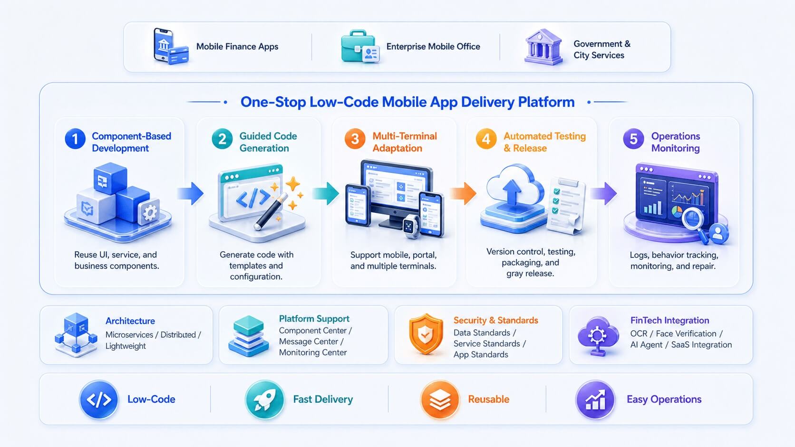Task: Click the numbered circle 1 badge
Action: coord(75,139)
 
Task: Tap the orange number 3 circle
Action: coord(355,139)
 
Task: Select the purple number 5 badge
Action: coord(633,139)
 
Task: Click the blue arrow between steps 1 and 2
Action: coord(191,193)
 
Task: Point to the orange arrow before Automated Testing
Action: coord(463,193)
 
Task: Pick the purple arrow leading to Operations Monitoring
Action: coord(603,193)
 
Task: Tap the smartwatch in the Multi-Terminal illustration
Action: coord(411,226)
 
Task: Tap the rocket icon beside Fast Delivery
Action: coord(265,399)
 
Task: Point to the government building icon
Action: coord(543,47)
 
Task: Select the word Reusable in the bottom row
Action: coord(488,399)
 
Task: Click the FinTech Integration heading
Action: coord(670,321)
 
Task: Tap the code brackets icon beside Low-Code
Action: coord(99,399)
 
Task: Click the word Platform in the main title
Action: coord(546,102)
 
